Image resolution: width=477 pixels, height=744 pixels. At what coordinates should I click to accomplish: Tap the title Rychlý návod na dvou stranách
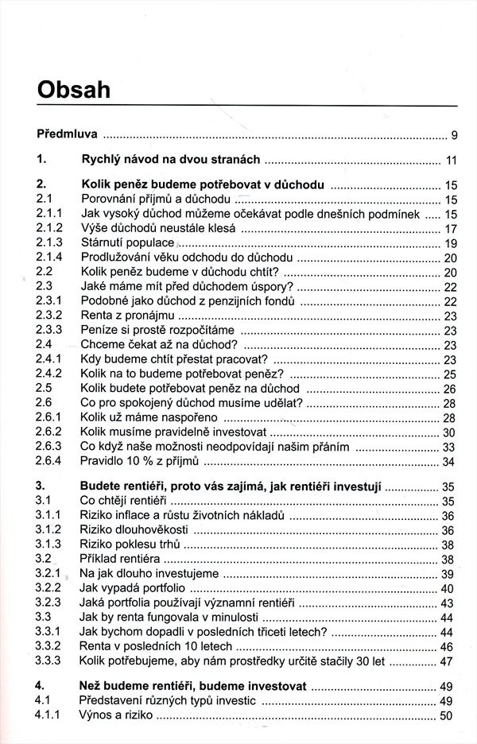[x=172, y=159]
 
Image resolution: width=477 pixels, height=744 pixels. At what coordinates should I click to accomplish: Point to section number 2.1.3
[x=49, y=242]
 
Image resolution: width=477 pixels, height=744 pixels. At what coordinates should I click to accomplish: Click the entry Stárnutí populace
[x=127, y=242]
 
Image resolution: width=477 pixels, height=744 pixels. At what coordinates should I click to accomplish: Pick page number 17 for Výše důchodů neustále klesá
[x=449, y=228]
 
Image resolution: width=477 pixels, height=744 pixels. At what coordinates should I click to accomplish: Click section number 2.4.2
[x=49, y=374]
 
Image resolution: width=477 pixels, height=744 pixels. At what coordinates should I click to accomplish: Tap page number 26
[x=449, y=389]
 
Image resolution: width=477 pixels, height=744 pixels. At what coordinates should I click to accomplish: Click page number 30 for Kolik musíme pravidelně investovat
[x=449, y=432]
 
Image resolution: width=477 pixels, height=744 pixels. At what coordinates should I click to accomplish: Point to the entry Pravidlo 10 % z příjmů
[x=142, y=462]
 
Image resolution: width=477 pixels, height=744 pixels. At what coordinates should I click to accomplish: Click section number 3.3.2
[x=49, y=646]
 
